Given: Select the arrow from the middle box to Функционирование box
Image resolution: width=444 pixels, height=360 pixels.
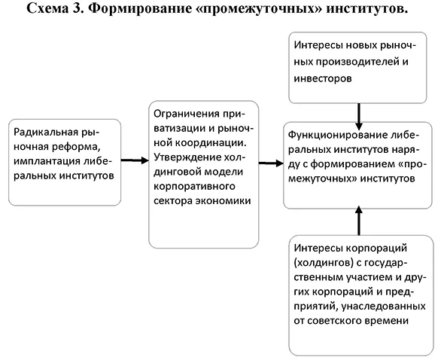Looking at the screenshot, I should click(270, 161).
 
